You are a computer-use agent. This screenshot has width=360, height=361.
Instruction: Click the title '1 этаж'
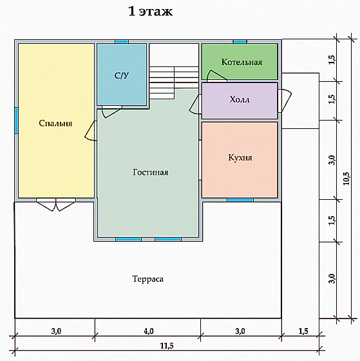point(150,12)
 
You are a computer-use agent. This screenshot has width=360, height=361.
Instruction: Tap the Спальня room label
point(55,123)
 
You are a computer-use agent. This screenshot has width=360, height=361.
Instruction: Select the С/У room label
point(122,75)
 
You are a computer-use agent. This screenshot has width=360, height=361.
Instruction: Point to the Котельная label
point(242,62)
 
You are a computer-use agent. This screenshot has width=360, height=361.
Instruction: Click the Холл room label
point(240,100)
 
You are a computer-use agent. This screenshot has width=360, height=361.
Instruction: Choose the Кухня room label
point(240,158)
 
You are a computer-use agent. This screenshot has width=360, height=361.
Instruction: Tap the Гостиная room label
point(151,172)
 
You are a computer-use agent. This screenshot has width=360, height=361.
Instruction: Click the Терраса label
point(148,279)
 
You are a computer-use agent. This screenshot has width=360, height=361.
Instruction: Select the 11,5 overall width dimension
point(167,346)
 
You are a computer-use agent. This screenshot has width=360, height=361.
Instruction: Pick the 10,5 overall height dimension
point(346,179)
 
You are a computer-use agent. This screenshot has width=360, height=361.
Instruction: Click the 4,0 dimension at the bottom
point(149,331)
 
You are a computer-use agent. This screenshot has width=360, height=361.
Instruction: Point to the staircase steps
point(174,83)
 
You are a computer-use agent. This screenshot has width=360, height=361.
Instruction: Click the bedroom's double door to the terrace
point(56,205)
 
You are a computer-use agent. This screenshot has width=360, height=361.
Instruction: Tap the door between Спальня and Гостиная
point(91,131)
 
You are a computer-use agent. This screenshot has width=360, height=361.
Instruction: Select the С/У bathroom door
point(111,112)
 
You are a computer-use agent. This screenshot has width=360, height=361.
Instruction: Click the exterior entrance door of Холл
point(285,101)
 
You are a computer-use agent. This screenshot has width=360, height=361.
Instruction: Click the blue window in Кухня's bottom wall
point(240,200)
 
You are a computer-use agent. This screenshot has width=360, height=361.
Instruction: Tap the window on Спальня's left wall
point(16,121)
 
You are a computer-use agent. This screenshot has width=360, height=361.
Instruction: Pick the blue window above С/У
point(122,42)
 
